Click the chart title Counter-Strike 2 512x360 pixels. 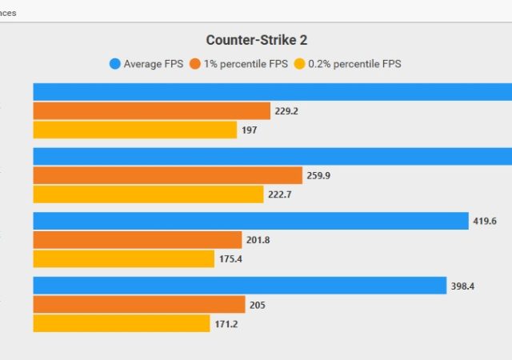(255, 40)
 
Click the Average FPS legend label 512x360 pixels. (154, 63)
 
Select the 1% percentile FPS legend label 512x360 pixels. (244, 63)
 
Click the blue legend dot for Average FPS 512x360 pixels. (115, 63)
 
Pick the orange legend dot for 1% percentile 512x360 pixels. (194, 63)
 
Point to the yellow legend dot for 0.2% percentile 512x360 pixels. (301, 63)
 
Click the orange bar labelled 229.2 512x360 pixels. (151, 111)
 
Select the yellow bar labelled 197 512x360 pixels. (134, 130)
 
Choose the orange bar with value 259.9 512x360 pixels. (167, 175)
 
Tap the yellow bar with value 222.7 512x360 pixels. (148, 194)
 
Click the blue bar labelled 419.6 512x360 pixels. (250, 221)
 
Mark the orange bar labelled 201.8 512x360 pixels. (137, 240)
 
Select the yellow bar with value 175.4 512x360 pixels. (123, 258)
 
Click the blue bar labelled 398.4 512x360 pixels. (239, 286)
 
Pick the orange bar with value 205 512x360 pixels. (138, 305)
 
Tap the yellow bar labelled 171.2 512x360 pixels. (122, 323)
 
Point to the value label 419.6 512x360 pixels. (485, 222)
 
